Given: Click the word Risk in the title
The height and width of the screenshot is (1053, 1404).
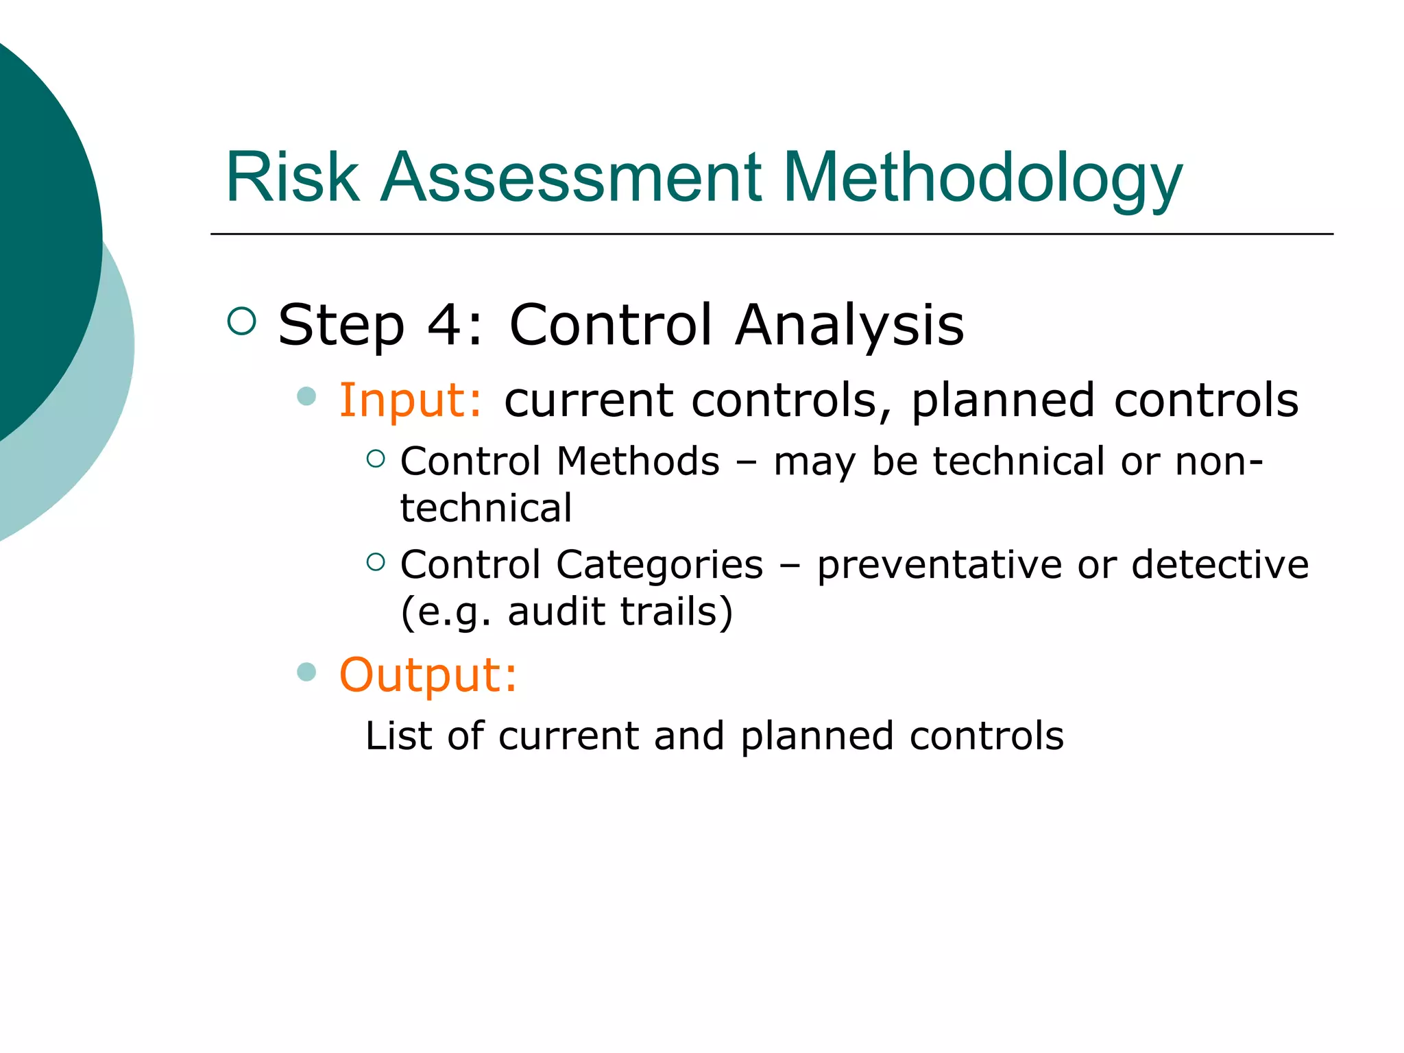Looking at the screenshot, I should [292, 178].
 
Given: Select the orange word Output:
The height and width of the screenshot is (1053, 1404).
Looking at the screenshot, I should [428, 675].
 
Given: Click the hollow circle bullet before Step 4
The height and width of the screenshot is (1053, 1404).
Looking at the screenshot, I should [241, 321].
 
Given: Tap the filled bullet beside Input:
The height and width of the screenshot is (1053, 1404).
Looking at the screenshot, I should [306, 396].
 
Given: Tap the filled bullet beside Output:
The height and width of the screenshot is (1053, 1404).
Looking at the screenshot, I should [306, 672].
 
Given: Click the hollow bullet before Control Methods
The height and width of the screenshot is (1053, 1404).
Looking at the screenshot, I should [376, 459].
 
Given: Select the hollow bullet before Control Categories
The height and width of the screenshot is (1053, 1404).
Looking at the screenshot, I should [376, 562].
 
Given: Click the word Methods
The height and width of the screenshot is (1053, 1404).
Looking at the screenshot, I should [638, 461].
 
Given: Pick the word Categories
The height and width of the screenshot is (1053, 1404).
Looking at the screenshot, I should [659, 565].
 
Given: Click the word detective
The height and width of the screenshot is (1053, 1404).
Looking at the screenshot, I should [1220, 565].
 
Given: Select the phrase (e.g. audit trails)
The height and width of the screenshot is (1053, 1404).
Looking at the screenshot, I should [566, 612].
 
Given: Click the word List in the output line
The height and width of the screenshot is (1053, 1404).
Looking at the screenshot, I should [397, 736].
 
